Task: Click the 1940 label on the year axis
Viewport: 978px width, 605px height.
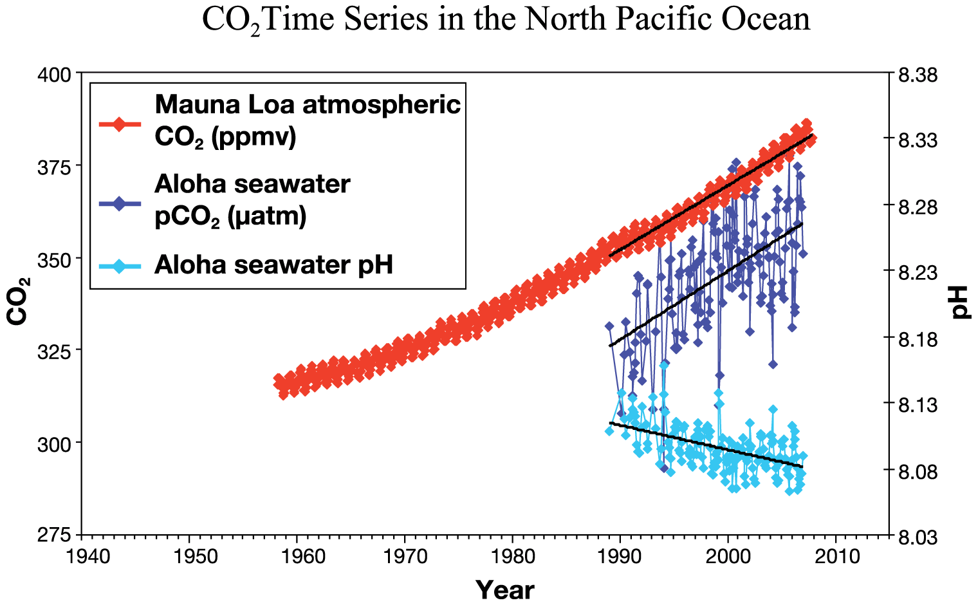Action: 83,556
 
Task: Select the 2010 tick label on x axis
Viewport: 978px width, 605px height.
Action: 836,556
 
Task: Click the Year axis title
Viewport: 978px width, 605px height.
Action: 505,589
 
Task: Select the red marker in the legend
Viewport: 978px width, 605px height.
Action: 119,124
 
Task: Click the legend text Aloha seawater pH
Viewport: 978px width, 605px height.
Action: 273,265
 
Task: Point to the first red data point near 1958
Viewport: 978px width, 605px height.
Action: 279,380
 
